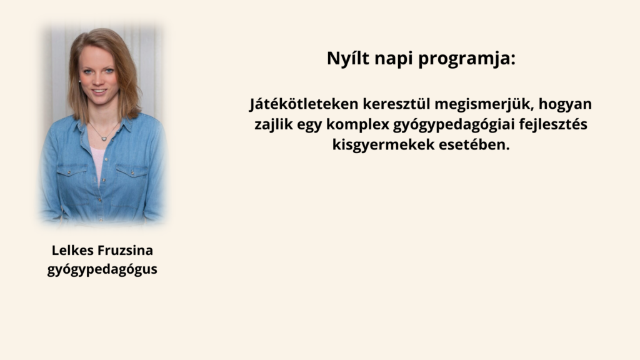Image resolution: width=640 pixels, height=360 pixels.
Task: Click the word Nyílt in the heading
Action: click(348, 58)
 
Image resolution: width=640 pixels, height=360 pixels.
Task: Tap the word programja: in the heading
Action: click(467, 59)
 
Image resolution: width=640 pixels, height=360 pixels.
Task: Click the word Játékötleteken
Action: click(304, 104)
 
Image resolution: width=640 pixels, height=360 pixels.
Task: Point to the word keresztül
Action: click(396, 104)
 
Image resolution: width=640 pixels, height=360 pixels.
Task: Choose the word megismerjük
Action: click(484, 104)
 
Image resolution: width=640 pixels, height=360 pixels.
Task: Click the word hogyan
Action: click(565, 105)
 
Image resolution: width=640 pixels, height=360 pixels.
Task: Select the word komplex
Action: click(357, 125)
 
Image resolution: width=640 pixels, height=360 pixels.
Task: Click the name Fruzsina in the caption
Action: click(126, 250)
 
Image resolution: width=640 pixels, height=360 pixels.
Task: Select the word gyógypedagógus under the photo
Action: click(102, 270)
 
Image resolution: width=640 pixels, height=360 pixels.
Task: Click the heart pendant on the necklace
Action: click(104, 139)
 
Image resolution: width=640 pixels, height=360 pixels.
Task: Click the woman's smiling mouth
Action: click(98, 92)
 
